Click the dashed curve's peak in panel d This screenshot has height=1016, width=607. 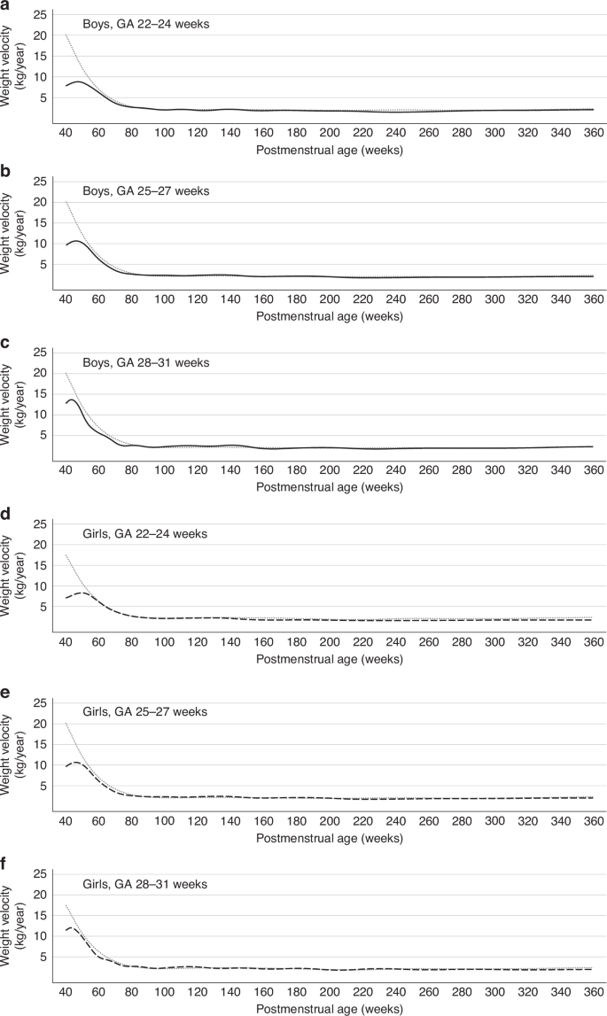(x=82, y=593)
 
